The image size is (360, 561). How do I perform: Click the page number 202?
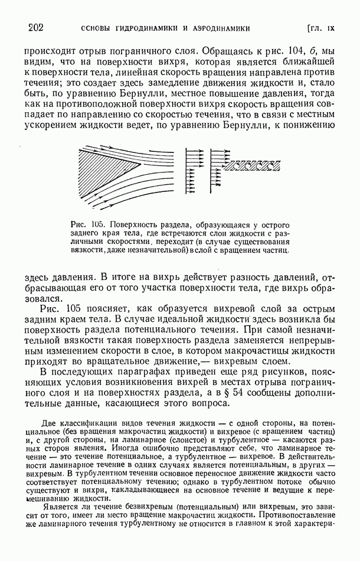point(36,28)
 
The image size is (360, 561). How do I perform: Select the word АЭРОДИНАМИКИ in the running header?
point(219,28)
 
